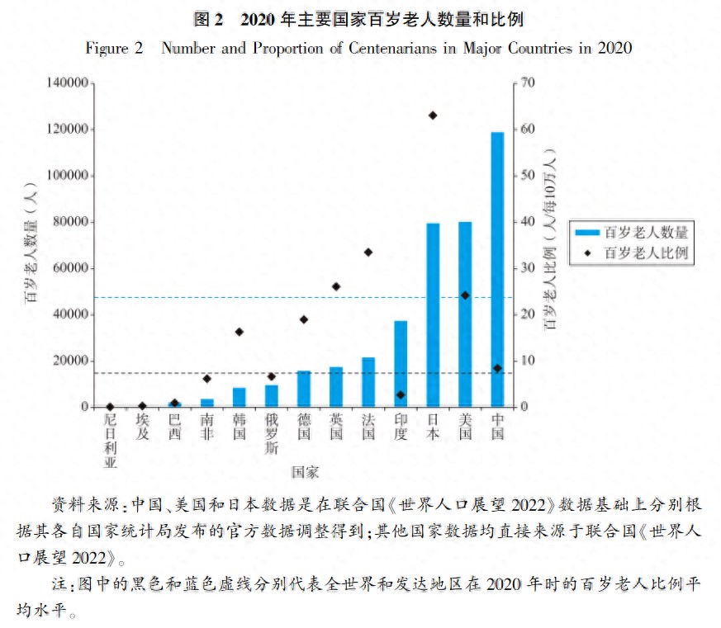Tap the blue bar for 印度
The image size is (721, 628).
pos(401,364)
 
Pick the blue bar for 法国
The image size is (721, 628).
pos(368,382)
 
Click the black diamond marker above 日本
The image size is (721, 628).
pos(433,116)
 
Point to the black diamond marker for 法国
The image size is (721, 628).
pos(368,253)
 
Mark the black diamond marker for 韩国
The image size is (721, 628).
pos(240,332)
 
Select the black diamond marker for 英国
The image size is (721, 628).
pos(336,286)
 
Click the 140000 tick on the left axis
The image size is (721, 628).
pos(68,83)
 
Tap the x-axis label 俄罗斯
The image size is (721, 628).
pos(272,435)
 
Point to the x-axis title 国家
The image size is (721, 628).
pos(305,472)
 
